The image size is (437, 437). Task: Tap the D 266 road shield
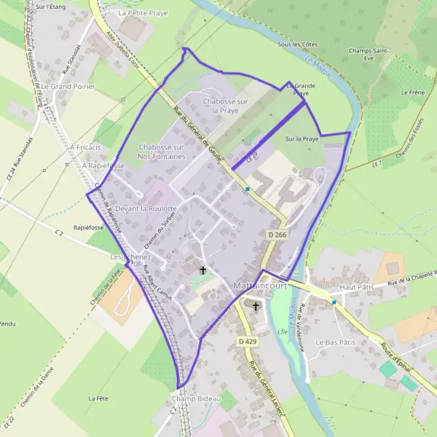276,235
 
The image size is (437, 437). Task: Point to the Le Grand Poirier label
65,86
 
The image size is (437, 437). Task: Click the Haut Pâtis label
356,288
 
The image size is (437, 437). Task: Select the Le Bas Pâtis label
334,341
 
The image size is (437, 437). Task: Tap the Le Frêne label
412,93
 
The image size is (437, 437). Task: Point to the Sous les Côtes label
299,44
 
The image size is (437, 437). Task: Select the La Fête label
98,398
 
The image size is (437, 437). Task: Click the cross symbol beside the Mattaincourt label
256,307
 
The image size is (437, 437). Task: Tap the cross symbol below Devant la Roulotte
202,270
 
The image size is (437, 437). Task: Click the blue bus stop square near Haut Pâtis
334,302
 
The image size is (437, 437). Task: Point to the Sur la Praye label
302,138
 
